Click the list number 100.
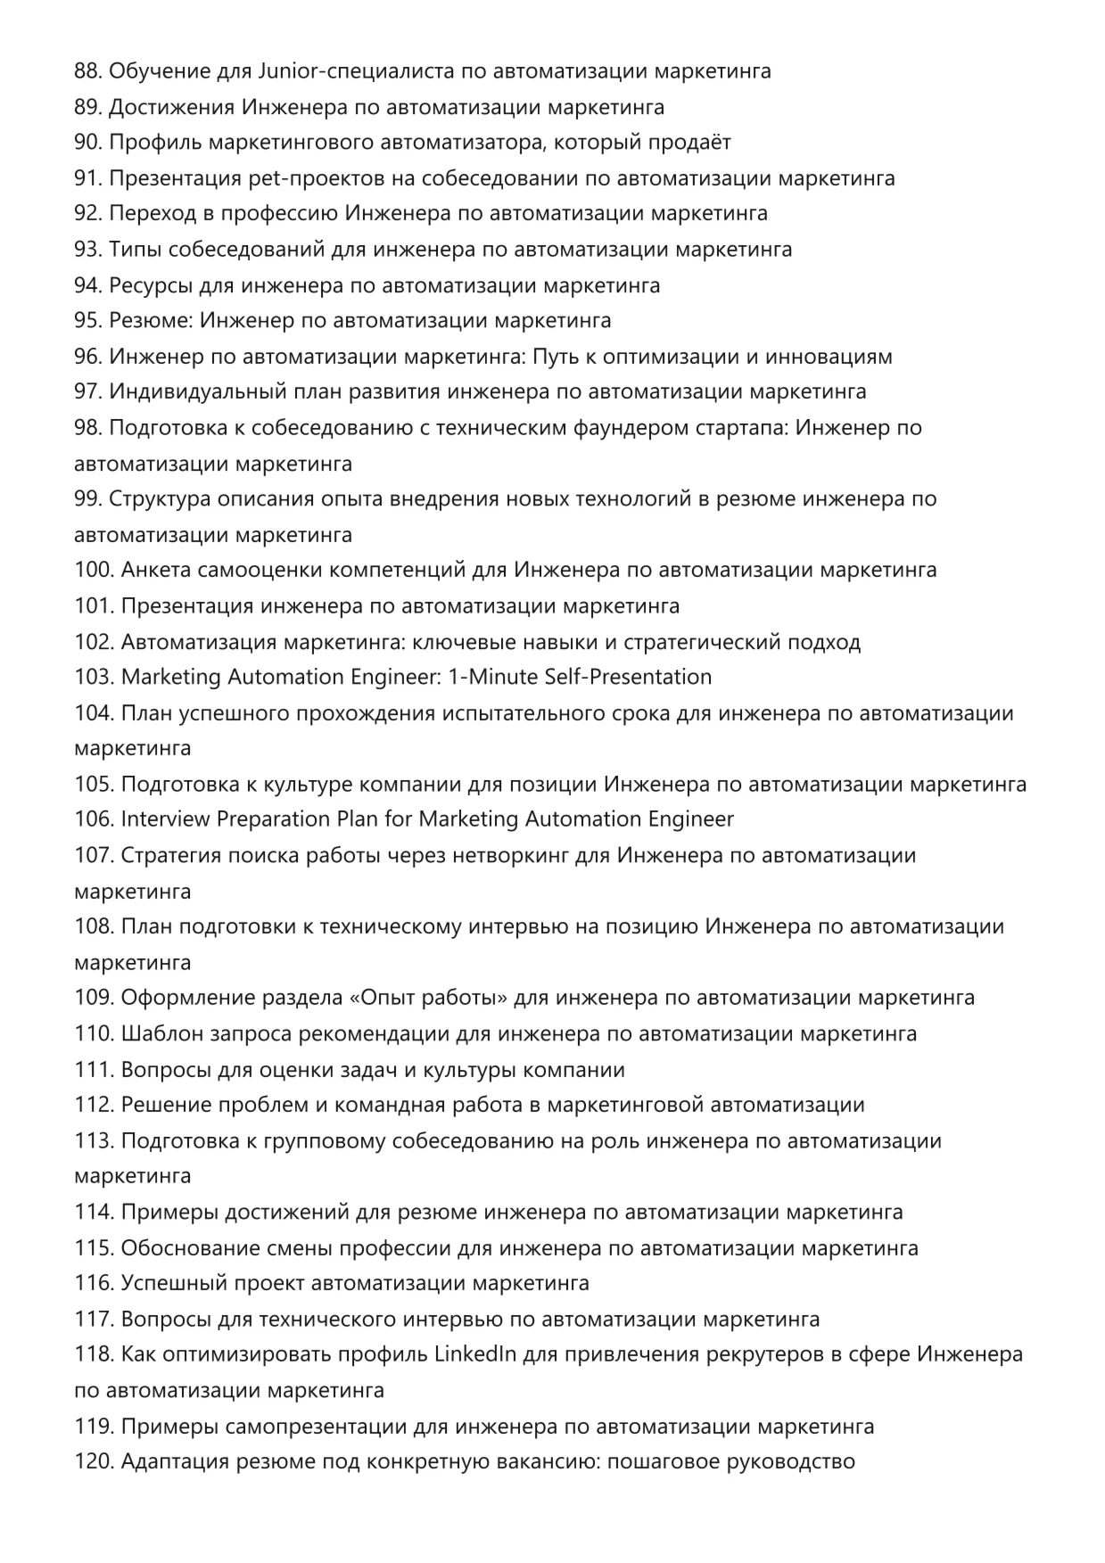93,570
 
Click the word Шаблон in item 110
161,1034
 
